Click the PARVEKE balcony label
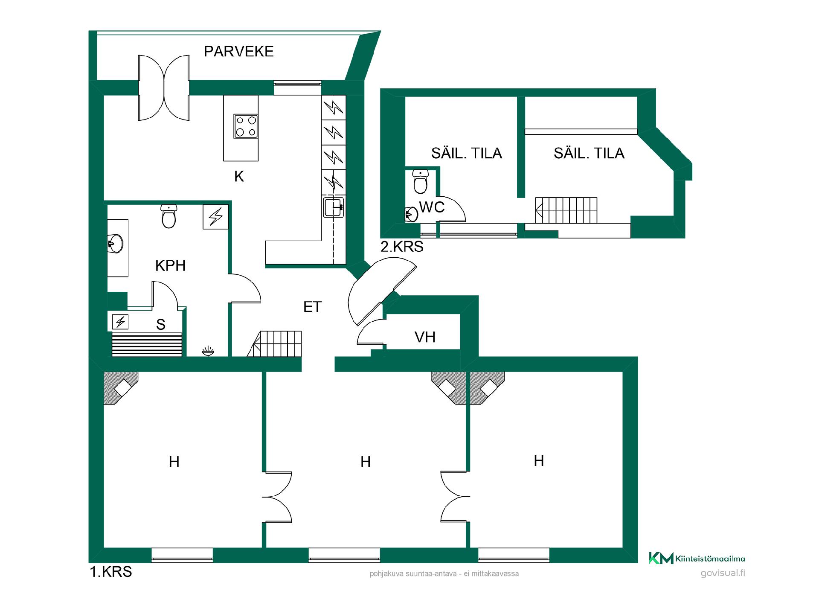point(238,51)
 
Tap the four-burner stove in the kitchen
point(246,126)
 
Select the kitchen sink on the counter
point(334,207)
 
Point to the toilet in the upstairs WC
point(421,182)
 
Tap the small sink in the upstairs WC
point(411,215)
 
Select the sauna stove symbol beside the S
point(120,321)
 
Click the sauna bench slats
point(147,345)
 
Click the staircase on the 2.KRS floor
point(566,210)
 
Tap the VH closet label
point(425,337)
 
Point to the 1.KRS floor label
point(111,572)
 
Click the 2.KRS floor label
point(402,247)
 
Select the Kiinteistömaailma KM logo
point(697,558)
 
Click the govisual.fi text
point(723,573)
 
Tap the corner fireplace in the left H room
point(121,388)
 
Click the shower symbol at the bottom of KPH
point(208,351)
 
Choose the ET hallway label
point(312,307)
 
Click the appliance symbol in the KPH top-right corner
point(215,217)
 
